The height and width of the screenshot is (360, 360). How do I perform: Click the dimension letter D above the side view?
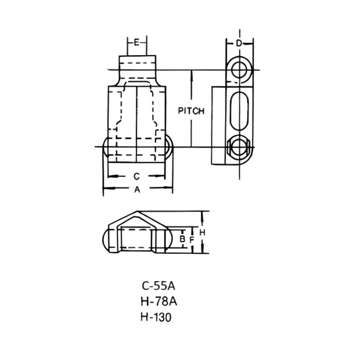(x=239, y=44)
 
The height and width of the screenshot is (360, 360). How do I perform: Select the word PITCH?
(x=191, y=111)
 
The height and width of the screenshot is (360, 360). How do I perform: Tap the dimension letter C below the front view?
(x=136, y=175)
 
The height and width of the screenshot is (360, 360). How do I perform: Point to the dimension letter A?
(x=137, y=189)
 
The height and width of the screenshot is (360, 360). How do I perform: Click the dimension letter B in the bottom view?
(x=182, y=239)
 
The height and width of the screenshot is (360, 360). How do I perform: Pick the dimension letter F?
(x=190, y=239)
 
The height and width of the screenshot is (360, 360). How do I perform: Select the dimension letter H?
(x=202, y=232)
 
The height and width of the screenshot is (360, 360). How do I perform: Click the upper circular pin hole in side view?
(x=239, y=70)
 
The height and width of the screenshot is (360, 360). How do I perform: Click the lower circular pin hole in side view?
(x=239, y=147)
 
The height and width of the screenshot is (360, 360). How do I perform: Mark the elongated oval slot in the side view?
(x=239, y=110)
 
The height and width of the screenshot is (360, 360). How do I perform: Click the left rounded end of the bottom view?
(x=108, y=239)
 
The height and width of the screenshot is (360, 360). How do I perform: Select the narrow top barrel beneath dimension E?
(x=138, y=62)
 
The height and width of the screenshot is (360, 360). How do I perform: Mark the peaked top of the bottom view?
(x=137, y=216)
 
